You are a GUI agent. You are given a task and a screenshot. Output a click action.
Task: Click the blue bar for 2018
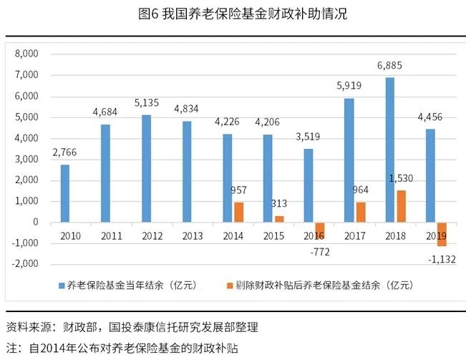pyautogui.click(x=390, y=150)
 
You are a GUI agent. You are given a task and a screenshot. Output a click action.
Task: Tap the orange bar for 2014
pyautogui.click(x=238, y=212)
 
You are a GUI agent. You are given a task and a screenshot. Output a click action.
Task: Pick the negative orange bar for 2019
pyautogui.click(x=442, y=234)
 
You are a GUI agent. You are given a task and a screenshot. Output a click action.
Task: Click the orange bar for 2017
pyautogui.click(x=361, y=212)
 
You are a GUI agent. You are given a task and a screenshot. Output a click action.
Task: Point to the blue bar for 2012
pyautogui.click(x=146, y=168)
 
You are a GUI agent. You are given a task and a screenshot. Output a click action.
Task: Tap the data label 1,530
pyautogui.click(x=400, y=180)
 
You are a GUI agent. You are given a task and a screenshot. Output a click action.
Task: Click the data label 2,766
pyautogui.click(x=65, y=153)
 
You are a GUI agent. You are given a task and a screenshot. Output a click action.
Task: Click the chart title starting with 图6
pyautogui.click(x=233, y=14)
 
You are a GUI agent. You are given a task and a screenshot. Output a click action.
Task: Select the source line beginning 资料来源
pyautogui.click(x=132, y=328)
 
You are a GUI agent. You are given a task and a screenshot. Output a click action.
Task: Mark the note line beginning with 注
pyautogui.click(x=122, y=348)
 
